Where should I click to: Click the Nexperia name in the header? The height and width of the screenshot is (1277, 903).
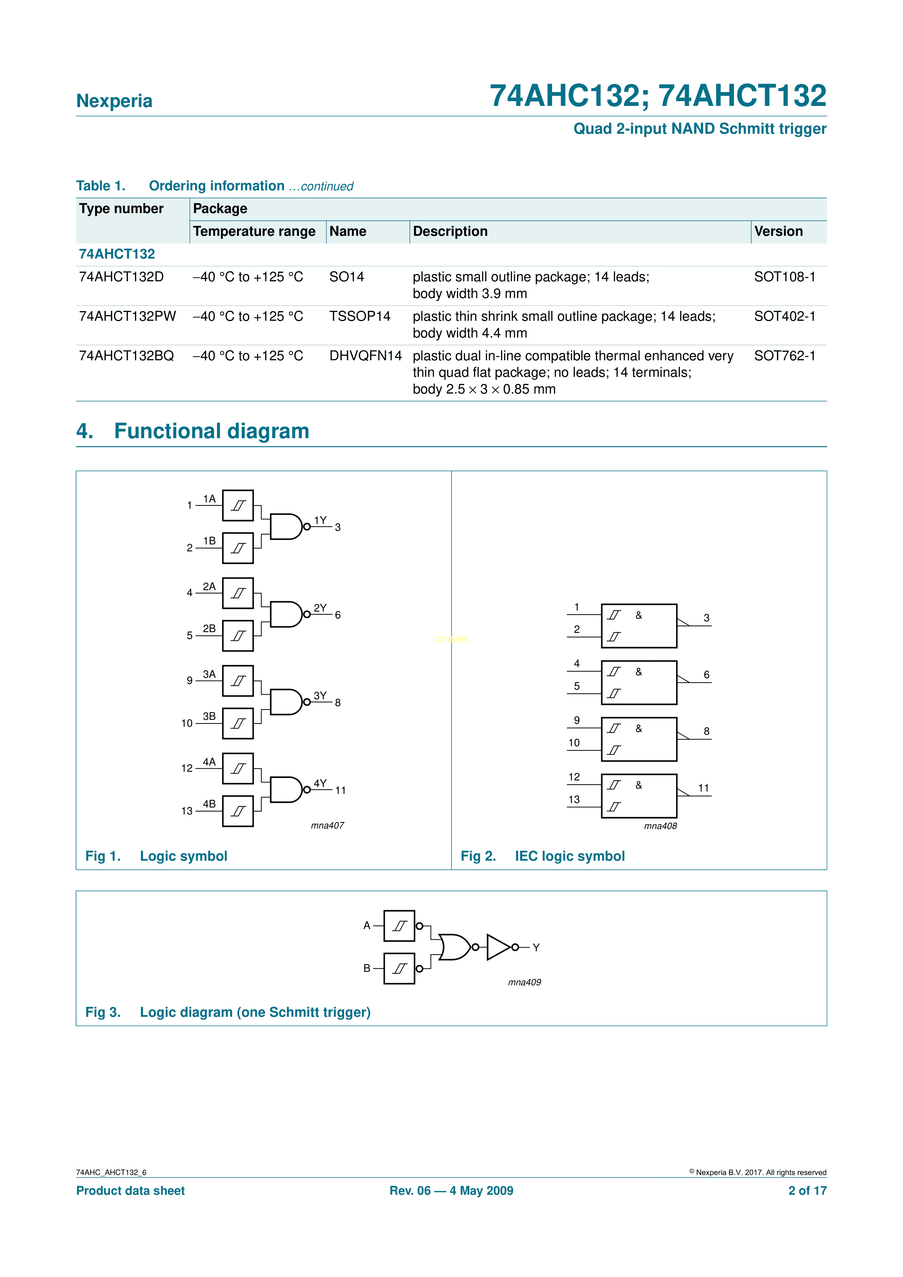coord(114,101)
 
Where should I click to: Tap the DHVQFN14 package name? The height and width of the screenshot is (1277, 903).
coord(365,356)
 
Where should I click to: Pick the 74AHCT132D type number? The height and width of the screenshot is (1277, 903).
coord(121,277)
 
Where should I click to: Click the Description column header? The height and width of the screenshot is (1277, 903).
coord(450,231)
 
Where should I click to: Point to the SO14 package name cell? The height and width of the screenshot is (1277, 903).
coord(347,277)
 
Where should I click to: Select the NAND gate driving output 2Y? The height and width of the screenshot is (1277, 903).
coord(285,614)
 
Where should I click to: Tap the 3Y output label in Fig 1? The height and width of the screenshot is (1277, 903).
coord(320,695)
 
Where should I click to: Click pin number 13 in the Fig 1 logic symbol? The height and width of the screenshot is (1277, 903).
coord(187,811)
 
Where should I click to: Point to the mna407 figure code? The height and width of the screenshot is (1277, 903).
coord(327,825)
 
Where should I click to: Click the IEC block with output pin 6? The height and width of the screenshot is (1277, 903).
coord(639,682)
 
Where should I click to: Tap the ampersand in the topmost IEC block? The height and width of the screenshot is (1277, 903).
coord(639,615)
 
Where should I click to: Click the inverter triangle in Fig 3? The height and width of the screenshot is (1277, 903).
coord(498,947)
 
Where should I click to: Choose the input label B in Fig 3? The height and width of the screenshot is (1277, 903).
coord(367,968)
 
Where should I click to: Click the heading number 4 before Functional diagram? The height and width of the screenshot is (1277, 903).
coord(84,431)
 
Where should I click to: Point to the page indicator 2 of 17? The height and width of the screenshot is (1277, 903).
coord(807,1190)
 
